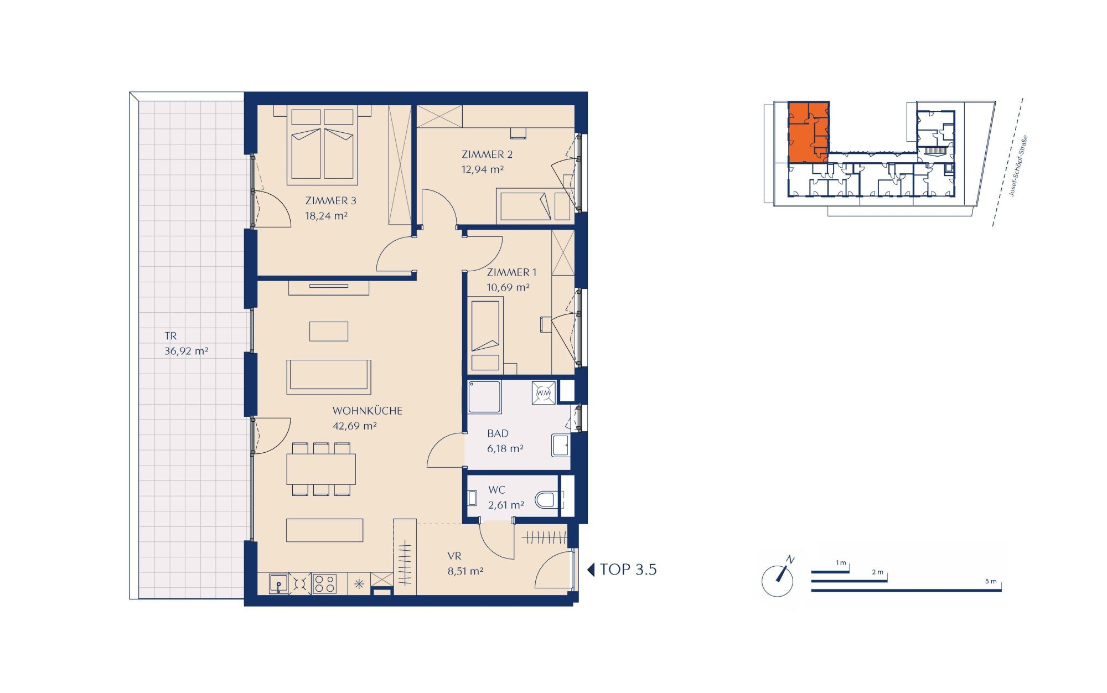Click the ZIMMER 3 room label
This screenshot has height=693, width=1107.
click(x=327, y=200)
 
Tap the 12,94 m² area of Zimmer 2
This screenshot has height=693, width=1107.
click(x=483, y=169)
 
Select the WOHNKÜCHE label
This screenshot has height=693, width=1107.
click(x=367, y=411)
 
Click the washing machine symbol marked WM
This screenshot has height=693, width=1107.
click(x=544, y=392)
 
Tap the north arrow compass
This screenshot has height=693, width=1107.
click(x=778, y=581)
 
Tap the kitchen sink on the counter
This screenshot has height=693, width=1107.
click(x=279, y=583)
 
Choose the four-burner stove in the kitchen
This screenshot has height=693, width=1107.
click(x=324, y=583)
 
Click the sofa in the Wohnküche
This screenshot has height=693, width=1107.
click(x=329, y=377)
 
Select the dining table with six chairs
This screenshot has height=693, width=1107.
click(x=322, y=469)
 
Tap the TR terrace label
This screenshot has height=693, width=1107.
click(x=170, y=336)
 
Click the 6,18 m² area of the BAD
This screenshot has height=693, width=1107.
click(x=505, y=448)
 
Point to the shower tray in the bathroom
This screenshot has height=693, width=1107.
click(x=484, y=397)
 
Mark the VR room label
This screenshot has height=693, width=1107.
click(x=454, y=556)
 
